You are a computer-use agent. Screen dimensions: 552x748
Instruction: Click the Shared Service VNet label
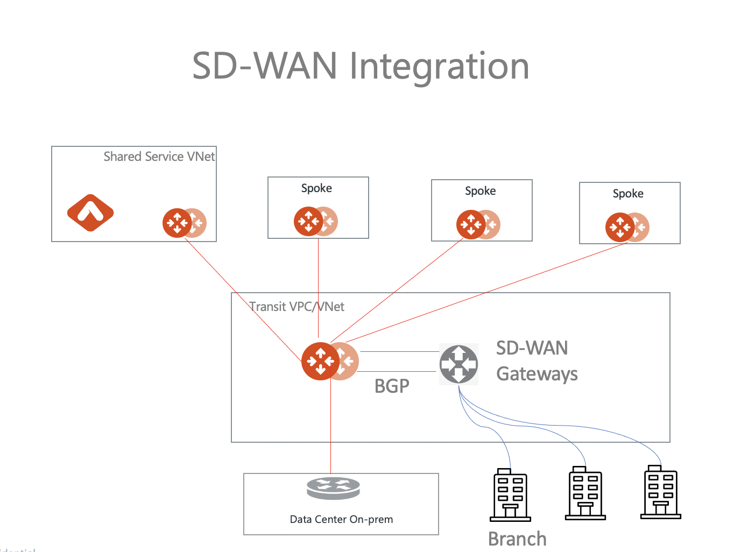[159, 157]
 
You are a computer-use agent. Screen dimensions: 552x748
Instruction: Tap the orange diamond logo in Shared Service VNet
[90, 213]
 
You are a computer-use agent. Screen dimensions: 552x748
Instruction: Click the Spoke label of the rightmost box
[627, 194]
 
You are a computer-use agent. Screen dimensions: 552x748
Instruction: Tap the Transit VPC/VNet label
[297, 307]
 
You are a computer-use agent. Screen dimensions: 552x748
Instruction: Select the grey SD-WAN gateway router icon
[458, 364]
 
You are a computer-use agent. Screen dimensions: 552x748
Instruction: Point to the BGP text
[392, 386]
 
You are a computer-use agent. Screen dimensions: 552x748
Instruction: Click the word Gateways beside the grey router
[537, 374]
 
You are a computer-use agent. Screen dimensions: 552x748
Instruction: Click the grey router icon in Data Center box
[333, 488]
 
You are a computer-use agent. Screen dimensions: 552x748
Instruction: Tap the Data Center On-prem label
[341, 520]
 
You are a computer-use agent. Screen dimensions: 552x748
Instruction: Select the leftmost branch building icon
[510, 496]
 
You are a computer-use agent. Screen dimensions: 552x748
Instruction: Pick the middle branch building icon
[585, 493]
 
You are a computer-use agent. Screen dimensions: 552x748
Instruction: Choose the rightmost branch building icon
[661, 492]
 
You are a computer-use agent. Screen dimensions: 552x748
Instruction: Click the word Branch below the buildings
[517, 539]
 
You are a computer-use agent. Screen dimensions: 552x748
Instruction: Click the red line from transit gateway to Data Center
[330, 430]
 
